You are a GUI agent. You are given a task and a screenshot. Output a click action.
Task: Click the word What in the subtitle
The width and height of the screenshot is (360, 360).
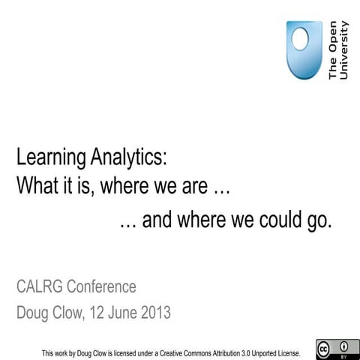click(34, 184)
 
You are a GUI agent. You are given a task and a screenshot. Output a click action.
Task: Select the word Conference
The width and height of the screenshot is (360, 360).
click(102, 287)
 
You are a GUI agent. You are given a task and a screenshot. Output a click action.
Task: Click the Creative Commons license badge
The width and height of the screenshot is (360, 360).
click(333, 349)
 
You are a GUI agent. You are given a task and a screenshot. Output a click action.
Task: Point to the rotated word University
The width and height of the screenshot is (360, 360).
click(343, 51)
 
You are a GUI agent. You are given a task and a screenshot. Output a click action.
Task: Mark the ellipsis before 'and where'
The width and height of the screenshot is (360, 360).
click(128, 223)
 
